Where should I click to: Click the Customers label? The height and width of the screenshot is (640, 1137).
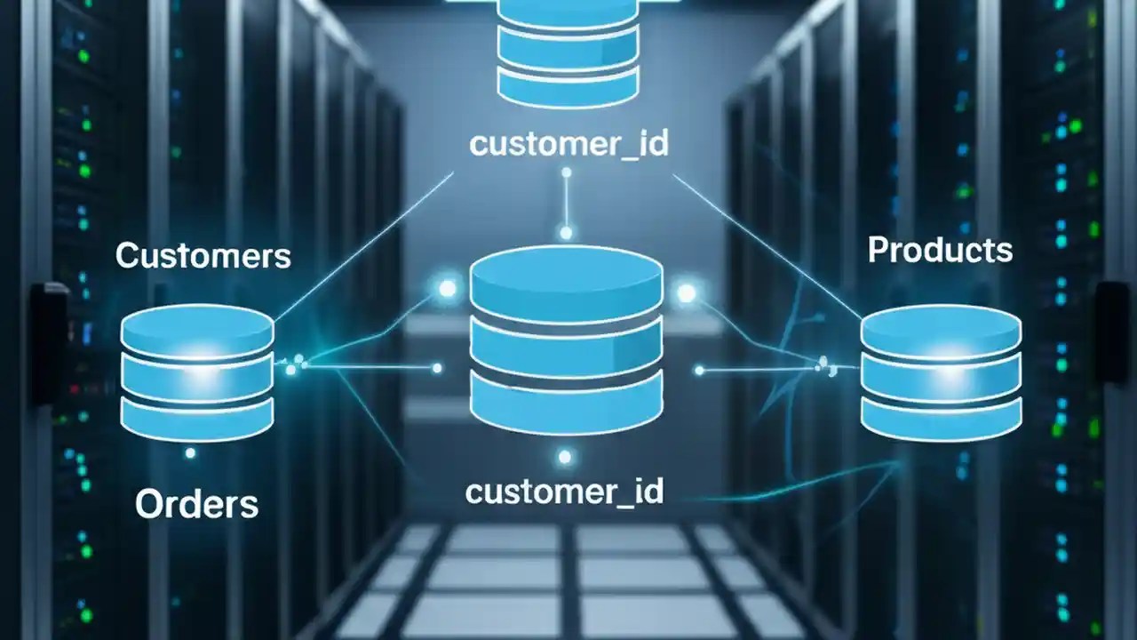[203, 256]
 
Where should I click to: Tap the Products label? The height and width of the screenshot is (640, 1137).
[940, 250]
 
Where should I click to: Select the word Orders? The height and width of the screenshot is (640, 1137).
[196, 504]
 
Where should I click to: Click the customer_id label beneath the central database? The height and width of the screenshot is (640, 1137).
[564, 492]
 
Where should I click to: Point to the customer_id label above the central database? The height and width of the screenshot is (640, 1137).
[568, 144]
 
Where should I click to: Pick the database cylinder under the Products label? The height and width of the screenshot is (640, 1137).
[941, 375]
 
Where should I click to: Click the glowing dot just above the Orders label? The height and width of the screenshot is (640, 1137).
[190, 453]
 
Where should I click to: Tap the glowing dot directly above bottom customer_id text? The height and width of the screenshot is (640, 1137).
[564, 457]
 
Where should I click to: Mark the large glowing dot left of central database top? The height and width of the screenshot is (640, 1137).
[447, 288]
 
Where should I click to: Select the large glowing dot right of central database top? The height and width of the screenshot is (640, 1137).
[686, 292]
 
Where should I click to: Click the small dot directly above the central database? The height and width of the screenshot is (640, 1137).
[566, 233]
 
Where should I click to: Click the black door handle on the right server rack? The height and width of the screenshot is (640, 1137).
[1111, 332]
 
